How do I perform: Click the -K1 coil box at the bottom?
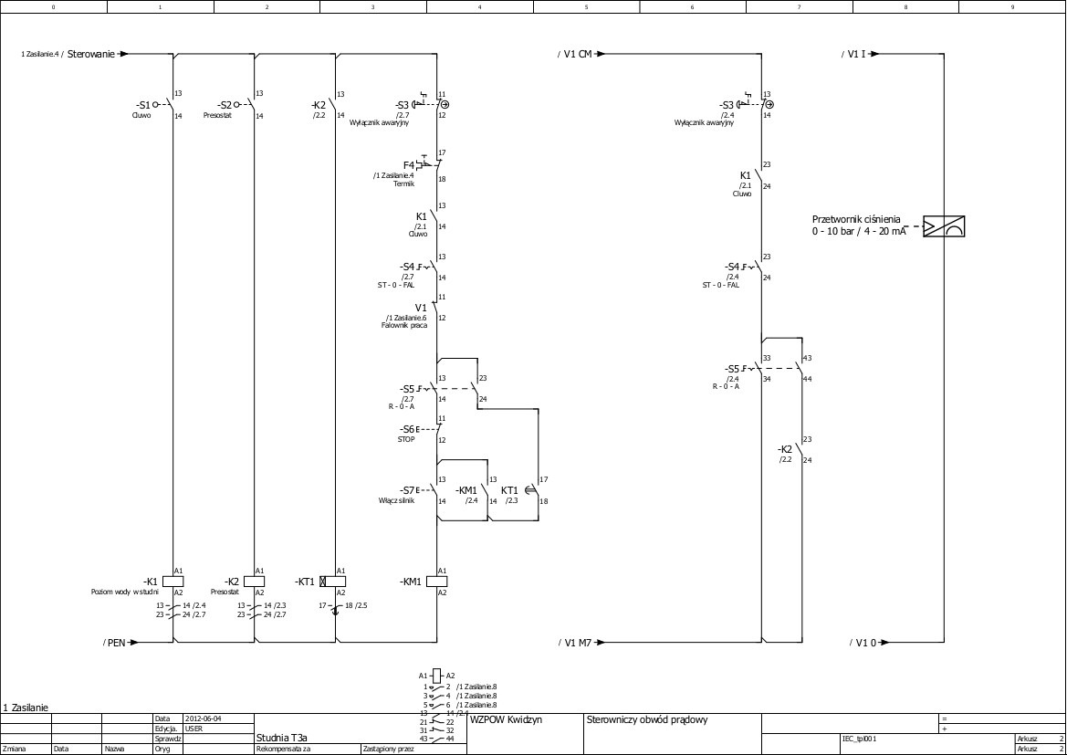click(x=173, y=582)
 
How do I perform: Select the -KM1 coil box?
click(x=436, y=582)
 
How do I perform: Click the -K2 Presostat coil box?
click(x=254, y=582)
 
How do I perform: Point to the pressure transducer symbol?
click(x=944, y=226)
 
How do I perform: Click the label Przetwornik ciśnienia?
click(x=856, y=219)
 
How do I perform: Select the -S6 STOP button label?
click(x=407, y=429)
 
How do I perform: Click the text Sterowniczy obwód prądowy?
click(x=646, y=719)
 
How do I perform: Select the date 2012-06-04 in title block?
click(x=203, y=718)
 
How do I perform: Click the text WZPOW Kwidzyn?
click(x=506, y=719)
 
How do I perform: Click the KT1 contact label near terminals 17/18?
click(x=509, y=490)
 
